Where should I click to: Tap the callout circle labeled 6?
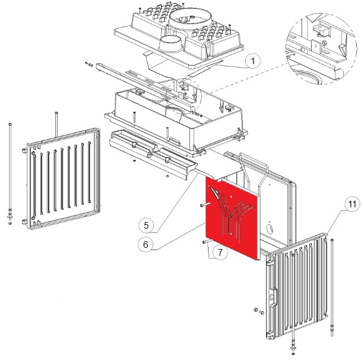(145, 245)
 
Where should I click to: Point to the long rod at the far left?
(11, 169)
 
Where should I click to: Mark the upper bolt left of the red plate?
(204, 206)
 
